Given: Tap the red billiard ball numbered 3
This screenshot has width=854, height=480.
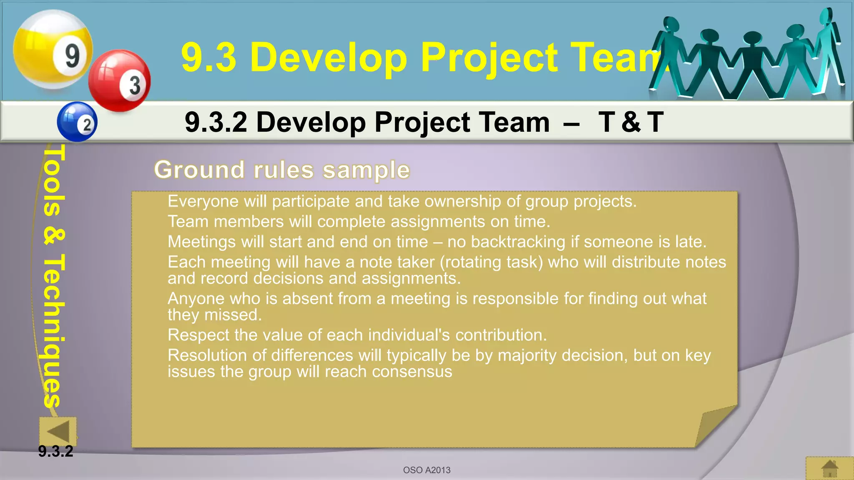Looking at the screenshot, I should tap(120, 81).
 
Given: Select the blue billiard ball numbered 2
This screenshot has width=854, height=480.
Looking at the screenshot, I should tap(77, 122).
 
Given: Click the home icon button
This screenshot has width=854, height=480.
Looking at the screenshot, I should tap(829, 468).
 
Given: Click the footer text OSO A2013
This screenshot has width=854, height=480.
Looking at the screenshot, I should tap(427, 470).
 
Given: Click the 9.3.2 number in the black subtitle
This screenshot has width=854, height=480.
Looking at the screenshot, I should tap(216, 122).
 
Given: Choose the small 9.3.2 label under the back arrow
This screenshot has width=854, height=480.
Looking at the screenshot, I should tap(55, 451).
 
